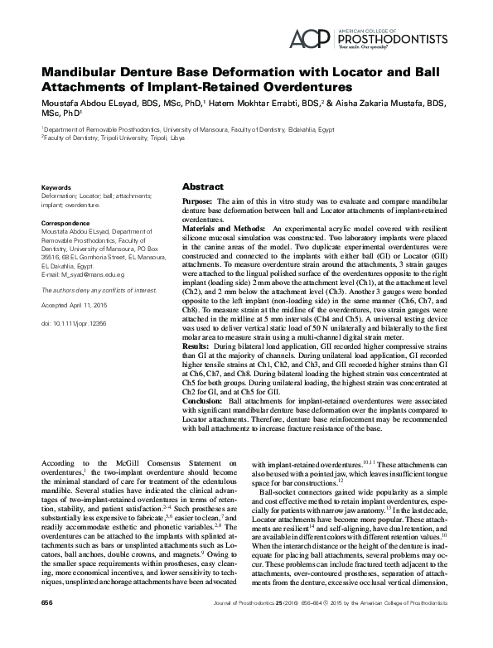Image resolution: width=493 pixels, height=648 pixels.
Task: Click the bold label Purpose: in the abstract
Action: pos(199,202)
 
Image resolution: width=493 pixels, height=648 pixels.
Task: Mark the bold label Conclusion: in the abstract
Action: pos(203,401)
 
